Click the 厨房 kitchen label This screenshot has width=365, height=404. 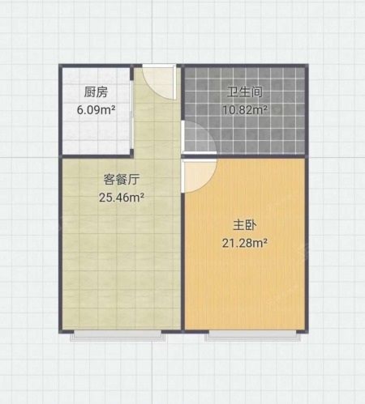pos(96,92)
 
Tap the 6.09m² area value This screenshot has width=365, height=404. pos(97,110)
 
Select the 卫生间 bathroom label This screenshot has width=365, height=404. pos(245,92)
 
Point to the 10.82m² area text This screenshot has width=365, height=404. pos(245,109)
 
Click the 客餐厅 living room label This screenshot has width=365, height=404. pos(122,180)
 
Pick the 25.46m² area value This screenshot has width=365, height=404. pos(122,198)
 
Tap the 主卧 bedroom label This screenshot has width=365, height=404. pos(245,225)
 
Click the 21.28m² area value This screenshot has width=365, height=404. pos(245,243)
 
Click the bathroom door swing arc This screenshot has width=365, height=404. pos(208,129)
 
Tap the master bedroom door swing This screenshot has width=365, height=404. pos(208,184)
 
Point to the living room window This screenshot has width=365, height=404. pos(118,334)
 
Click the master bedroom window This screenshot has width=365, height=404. pos(252,334)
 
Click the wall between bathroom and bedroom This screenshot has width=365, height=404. pos(245,155)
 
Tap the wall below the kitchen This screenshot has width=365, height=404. pos(97,156)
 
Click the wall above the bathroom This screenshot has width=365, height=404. pos(245,66)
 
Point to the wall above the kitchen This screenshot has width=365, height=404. pos(101,66)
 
